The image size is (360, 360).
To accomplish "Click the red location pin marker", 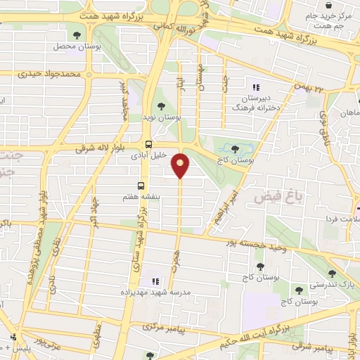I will (181, 165).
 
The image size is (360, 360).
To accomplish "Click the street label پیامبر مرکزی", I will (162, 328).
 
